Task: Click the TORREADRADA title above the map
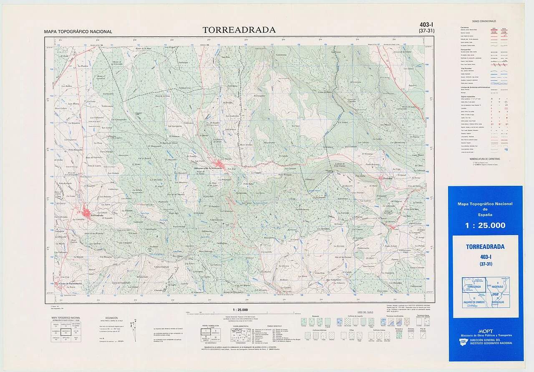(239, 30)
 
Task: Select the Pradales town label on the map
(388, 178)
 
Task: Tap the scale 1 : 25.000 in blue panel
(485, 225)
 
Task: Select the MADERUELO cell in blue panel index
(499, 287)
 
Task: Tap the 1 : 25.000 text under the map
(240, 310)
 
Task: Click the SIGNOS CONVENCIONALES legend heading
(484, 21)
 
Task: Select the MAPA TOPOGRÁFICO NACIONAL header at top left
(78, 32)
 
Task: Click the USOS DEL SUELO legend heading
(363, 312)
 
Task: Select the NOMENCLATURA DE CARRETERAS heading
(484, 159)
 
